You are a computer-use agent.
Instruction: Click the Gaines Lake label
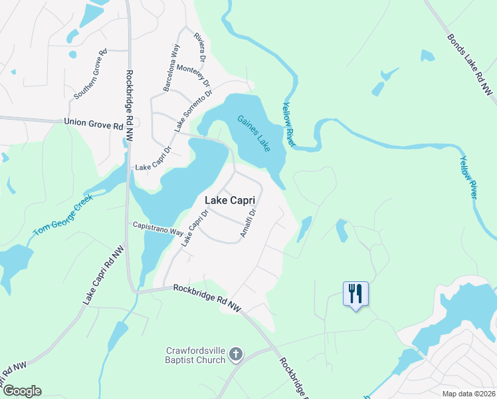tap(254, 134)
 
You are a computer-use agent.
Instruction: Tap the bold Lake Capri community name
tap(232, 199)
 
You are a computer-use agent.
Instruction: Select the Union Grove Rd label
tap(94, 123)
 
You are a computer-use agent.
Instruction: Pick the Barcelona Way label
tap(171, 68)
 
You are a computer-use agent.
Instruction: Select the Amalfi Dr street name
tap(248, 223)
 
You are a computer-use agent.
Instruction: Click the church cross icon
tap(235, 355)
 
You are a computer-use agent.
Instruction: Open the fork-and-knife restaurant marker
tap(355, 293)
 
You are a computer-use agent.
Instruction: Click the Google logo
tap(21, 391)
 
